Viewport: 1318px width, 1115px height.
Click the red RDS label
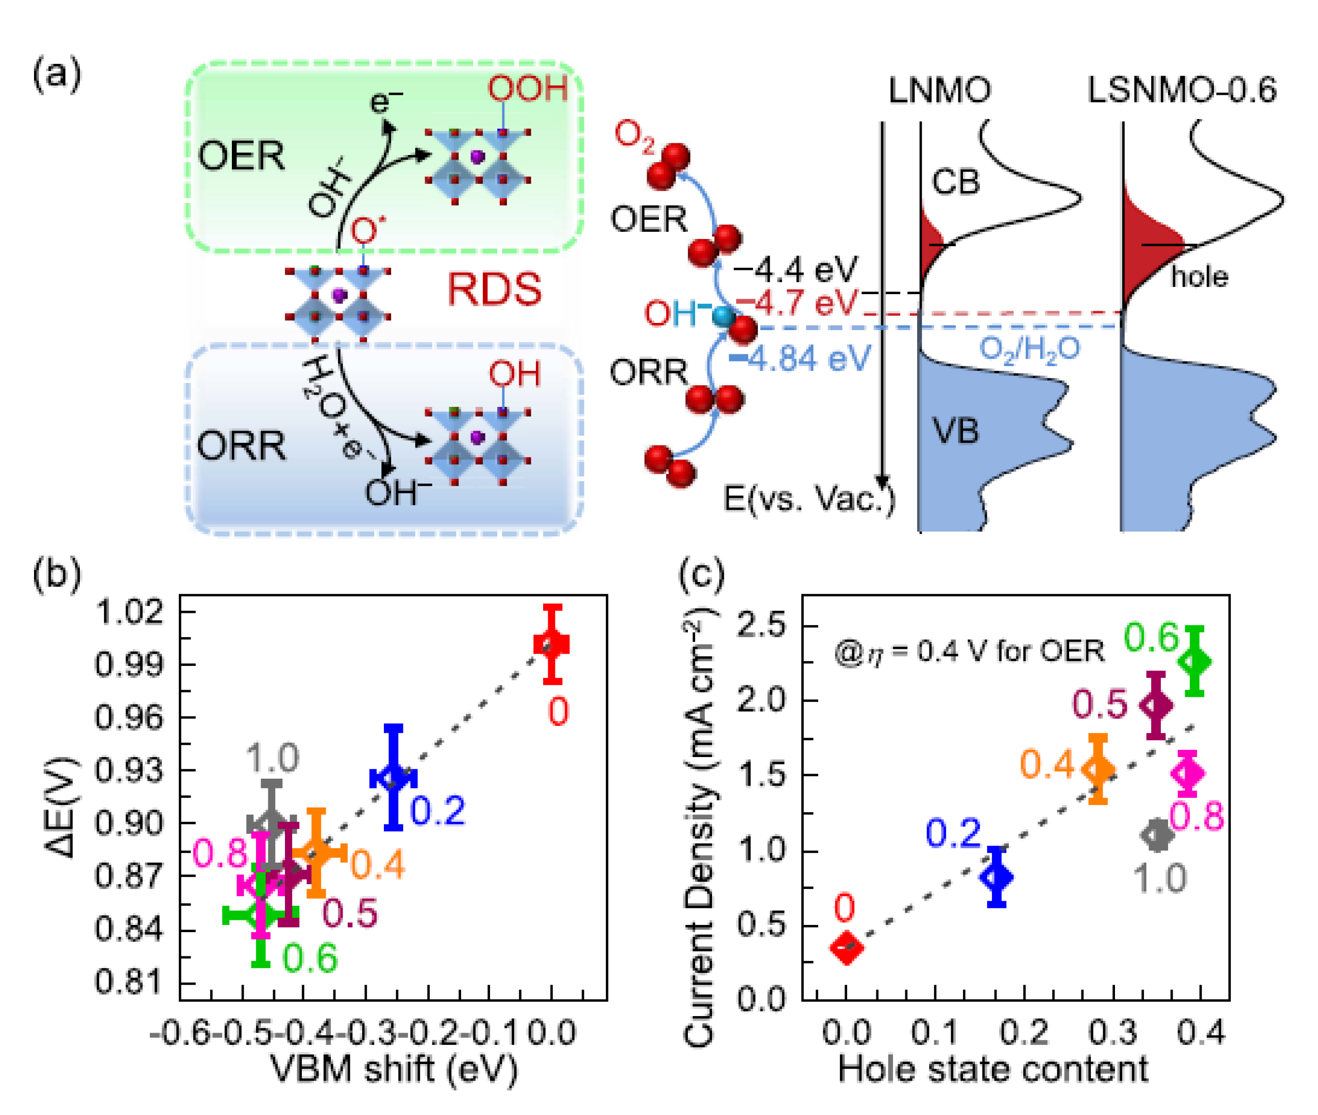click(494, 289)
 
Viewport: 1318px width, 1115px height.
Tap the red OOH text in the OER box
click(527, 89)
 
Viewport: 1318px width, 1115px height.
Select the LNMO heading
click(939, 91)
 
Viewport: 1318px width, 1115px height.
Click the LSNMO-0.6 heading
click(1181, 91)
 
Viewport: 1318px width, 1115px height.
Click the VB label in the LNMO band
click(955, 432)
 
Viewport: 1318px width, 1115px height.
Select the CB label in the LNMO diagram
click(955, 182)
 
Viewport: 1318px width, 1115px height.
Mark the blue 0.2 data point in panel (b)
click(393, 778)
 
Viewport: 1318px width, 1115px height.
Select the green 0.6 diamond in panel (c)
click(1194, 662)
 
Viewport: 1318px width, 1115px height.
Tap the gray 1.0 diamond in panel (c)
click(1157, 835)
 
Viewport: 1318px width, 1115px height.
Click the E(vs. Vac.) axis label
click(809, 500)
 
